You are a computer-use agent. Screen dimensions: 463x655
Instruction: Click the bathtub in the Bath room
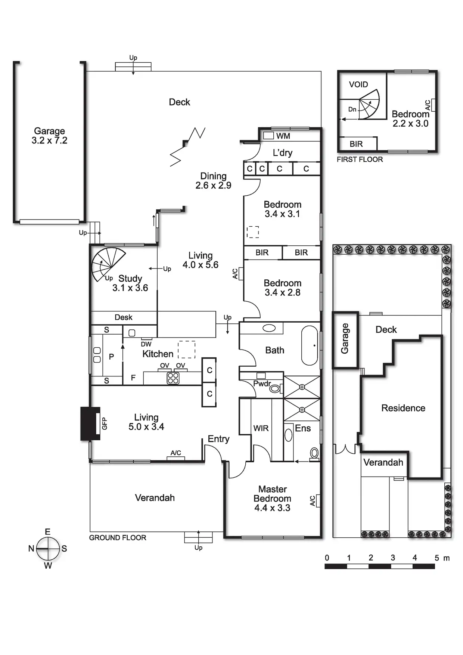[310, 345]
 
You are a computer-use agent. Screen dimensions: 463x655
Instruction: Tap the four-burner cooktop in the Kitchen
[173, 378]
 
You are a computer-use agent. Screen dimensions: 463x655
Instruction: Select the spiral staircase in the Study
[108, 263]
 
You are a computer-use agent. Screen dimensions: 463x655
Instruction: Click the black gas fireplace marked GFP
[90, 423]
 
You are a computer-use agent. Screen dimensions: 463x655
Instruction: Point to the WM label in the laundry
[283, 136]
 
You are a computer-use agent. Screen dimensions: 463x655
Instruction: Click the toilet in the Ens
[314, 453]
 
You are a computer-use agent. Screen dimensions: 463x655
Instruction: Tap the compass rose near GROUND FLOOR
[48, 548]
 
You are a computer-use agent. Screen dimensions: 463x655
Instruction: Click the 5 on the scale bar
[436, 558]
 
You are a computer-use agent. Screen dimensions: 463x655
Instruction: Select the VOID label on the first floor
[358, 84]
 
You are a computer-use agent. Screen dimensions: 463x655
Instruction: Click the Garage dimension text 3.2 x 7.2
[49, 141]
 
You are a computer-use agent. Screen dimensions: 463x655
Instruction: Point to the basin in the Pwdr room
[275, 388]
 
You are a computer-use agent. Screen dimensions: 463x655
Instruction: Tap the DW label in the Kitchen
[146, 344]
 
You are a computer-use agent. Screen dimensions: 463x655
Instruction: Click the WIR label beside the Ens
[261, 428]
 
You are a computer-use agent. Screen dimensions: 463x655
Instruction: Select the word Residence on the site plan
[403, 408]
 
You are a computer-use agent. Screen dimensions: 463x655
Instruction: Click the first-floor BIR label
[356, 144]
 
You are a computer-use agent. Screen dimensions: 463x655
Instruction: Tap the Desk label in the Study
[123, 317]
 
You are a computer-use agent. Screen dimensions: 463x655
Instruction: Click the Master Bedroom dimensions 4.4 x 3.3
[272, 508]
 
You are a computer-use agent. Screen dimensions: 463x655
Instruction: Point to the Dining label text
[213, 176]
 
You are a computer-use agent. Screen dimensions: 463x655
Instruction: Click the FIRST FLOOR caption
[360, 159]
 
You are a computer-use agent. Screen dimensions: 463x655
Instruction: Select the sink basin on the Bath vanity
[269, 328]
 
